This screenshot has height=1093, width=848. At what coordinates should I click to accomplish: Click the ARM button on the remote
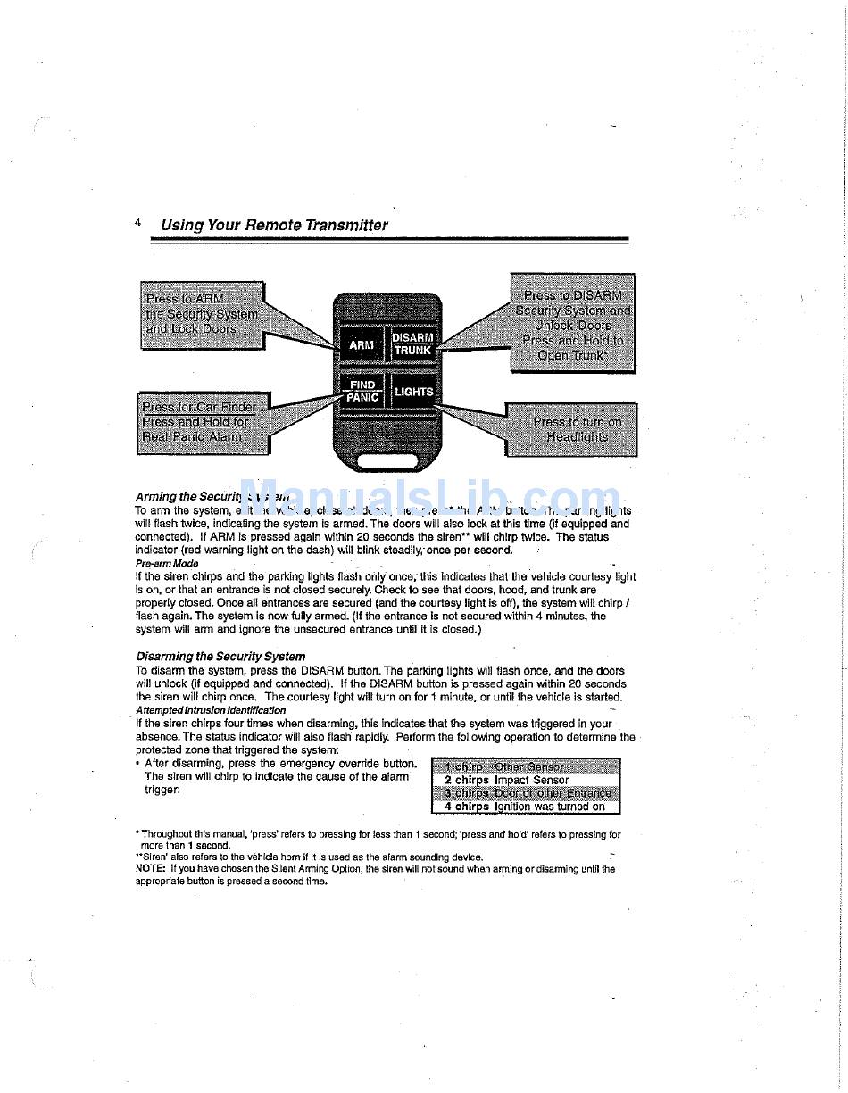pyautogui.click(x=362, y=344)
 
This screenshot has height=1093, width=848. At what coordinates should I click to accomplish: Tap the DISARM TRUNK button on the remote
pyautogui.click(x=413, y=344)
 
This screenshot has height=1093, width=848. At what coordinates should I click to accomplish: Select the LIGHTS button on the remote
pyautogui.click(x=413, y=392)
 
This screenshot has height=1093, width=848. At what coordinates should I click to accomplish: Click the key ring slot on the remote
pyautogui.click(x=387, y=461)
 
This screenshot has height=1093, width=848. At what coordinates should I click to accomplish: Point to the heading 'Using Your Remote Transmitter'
pyautogui.click(x=274, y=225)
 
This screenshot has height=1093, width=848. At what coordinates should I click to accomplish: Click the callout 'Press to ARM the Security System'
pyautogui.click(x=203, y=314)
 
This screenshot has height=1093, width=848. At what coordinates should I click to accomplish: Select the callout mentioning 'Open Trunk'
pyautogui.click(x=573, y=323)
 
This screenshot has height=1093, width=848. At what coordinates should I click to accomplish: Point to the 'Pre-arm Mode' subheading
pyautogui.click(x=167, y=564)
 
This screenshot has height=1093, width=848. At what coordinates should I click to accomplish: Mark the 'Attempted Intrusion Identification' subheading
pyautogui.click(x=211, y=710)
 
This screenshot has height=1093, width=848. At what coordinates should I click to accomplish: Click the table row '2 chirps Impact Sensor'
pyautogui.click(x=525, y=780)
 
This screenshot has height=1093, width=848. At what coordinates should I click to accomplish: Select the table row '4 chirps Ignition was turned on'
pyautogui.click(x=525, y=807)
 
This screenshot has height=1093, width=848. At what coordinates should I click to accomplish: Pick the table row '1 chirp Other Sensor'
pyautogui.click(x=525, y=766)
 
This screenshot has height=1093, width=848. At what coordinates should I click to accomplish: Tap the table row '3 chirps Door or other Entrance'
pyautogui.click(x=525, y=793)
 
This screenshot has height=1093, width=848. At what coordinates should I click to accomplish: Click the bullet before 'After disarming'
pyautogui.click(x=137, y=764)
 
